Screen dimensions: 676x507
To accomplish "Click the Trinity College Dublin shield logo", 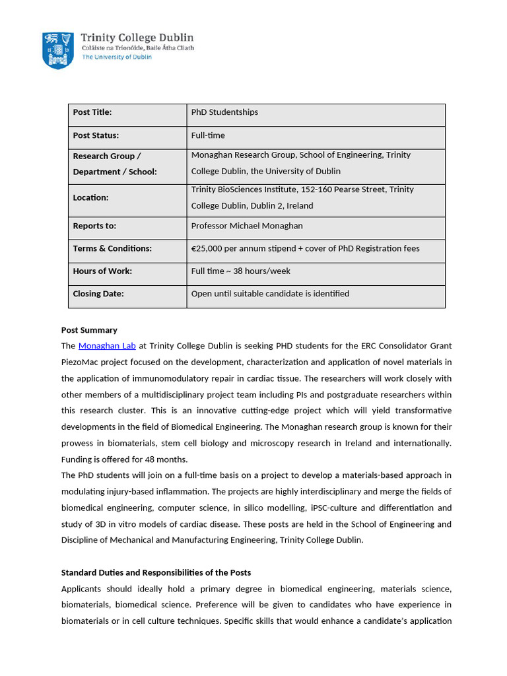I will point(58,50).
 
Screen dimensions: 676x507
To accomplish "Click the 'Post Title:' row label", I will point(92,112).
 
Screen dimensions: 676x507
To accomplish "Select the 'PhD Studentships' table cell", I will point(224,112).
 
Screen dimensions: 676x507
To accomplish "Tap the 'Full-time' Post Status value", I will point(208,135).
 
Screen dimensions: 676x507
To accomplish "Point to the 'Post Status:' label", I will point(96,135).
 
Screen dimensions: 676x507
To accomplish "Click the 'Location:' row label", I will point(90,197).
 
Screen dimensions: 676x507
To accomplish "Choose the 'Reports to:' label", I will point(94,226).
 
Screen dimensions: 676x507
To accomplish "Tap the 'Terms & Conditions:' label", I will point(112,248).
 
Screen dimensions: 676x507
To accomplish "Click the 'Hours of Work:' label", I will point(102,271).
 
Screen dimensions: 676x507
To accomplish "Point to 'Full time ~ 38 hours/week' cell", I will point(240,271).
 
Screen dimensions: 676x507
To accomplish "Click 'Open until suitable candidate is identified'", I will point(270,294).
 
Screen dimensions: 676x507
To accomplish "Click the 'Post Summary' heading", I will point(89,330).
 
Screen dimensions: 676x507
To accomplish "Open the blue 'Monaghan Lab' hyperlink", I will point(107,346).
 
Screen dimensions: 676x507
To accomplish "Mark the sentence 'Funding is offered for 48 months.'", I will point(124,459).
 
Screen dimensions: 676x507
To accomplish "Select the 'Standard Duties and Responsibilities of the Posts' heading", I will point(156,572).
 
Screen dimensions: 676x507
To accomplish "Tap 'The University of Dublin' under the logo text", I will point(116,57).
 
